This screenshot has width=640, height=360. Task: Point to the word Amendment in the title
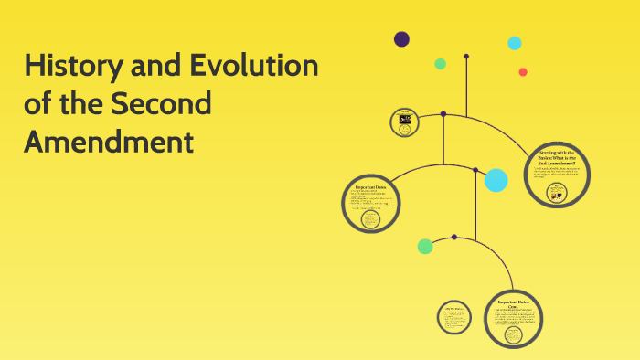pos(109,143)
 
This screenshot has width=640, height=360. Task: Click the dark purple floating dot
pos(401,38)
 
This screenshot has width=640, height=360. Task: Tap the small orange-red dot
pos(523,72)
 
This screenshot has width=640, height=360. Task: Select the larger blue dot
pos(496,180)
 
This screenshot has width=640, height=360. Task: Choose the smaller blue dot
pos(515,43)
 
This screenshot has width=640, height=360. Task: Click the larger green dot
pos(425,246)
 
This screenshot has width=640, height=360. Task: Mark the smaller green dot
pos(440,64)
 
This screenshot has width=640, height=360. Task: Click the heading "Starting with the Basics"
pos(557,156)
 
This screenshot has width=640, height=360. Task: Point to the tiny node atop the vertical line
pos(466,57)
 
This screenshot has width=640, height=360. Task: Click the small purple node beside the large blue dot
pos(475,170)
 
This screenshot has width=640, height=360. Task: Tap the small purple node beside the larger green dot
pos(454,237)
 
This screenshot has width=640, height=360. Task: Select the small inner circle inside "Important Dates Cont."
pos(514,334)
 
